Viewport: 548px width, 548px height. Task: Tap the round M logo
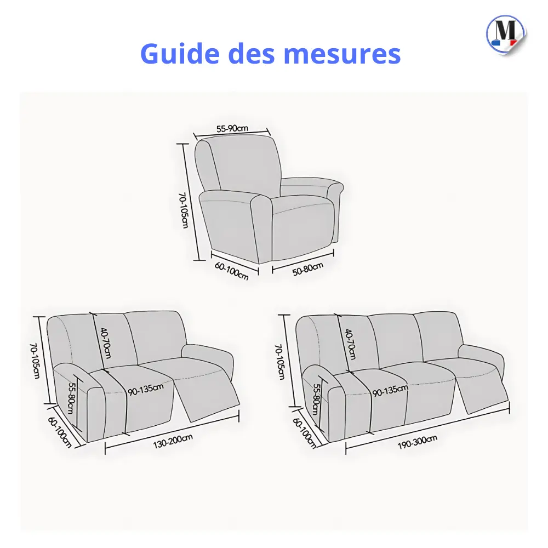tap(505, 32)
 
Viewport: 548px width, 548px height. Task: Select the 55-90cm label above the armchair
tap(232, 129)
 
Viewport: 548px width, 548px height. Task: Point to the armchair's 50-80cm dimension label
tap(307, 270)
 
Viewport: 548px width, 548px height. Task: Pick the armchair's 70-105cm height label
tap(185, 210)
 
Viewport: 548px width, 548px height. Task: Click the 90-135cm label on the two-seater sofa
tap(146, 390)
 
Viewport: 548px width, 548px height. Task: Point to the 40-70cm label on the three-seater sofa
tap(350, 344)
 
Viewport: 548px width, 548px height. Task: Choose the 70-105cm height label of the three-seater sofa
tap(280, 362)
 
